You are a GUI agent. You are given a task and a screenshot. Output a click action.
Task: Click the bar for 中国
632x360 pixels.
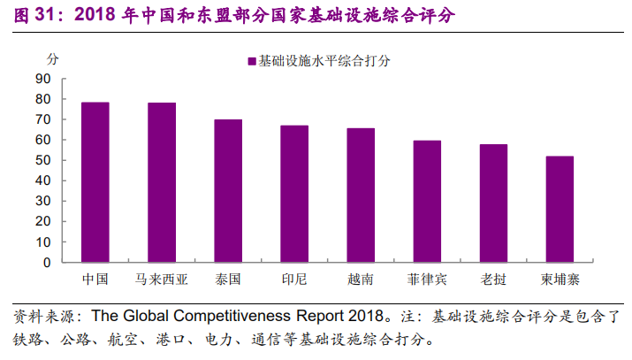click(x=95, y=182)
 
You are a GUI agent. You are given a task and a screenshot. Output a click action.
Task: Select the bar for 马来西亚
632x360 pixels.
click(x=162, y=182)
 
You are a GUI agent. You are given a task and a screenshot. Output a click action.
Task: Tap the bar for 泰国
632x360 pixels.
click(x=228, y=191)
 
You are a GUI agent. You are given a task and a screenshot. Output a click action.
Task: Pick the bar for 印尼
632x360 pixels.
click(x=294, y=194)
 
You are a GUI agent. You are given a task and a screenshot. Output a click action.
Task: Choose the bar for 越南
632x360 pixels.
click(x=361, y=195)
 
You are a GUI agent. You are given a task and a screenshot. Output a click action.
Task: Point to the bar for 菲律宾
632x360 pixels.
click(x=427, y=202)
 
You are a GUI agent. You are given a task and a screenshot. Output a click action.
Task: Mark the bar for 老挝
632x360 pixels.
click(x=493, y=203)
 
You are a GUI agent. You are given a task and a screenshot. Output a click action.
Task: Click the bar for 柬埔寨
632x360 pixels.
click(x=560, y=210)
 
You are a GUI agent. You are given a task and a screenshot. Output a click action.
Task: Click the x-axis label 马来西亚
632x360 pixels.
click(x=162, y=279)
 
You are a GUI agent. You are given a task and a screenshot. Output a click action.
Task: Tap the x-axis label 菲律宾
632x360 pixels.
click(x=427, y=279)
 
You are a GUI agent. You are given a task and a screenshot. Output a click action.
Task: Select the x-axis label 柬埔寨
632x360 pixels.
click(x=560, y=279)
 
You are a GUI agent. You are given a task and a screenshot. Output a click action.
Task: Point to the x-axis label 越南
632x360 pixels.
click(x=361, y=279)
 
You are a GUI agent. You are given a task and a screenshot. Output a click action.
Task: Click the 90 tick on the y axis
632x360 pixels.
click(x=43, y=79)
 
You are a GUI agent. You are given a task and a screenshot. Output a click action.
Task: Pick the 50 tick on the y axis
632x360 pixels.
click(x=43, y=160)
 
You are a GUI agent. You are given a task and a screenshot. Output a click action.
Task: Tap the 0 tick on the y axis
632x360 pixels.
click(x=47, y=263)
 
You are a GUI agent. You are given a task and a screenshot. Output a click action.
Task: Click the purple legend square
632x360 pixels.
click(x=252, y=61)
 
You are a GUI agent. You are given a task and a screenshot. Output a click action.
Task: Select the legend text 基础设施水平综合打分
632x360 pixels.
click(x=324, y=61)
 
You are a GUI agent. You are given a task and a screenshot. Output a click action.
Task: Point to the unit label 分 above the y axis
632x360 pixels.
click(x=52, y=59)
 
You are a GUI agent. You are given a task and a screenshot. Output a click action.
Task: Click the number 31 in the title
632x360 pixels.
click(x=44, y=14)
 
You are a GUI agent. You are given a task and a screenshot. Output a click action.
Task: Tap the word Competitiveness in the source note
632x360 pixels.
click(x=232, y=316)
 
